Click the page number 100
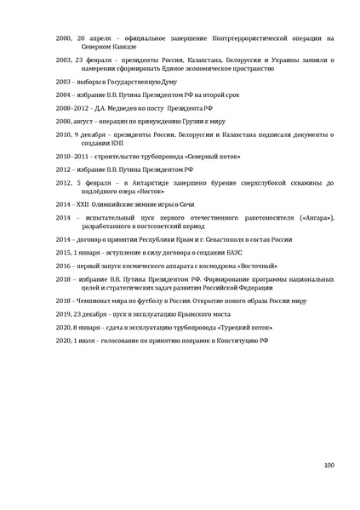(329, 464)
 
